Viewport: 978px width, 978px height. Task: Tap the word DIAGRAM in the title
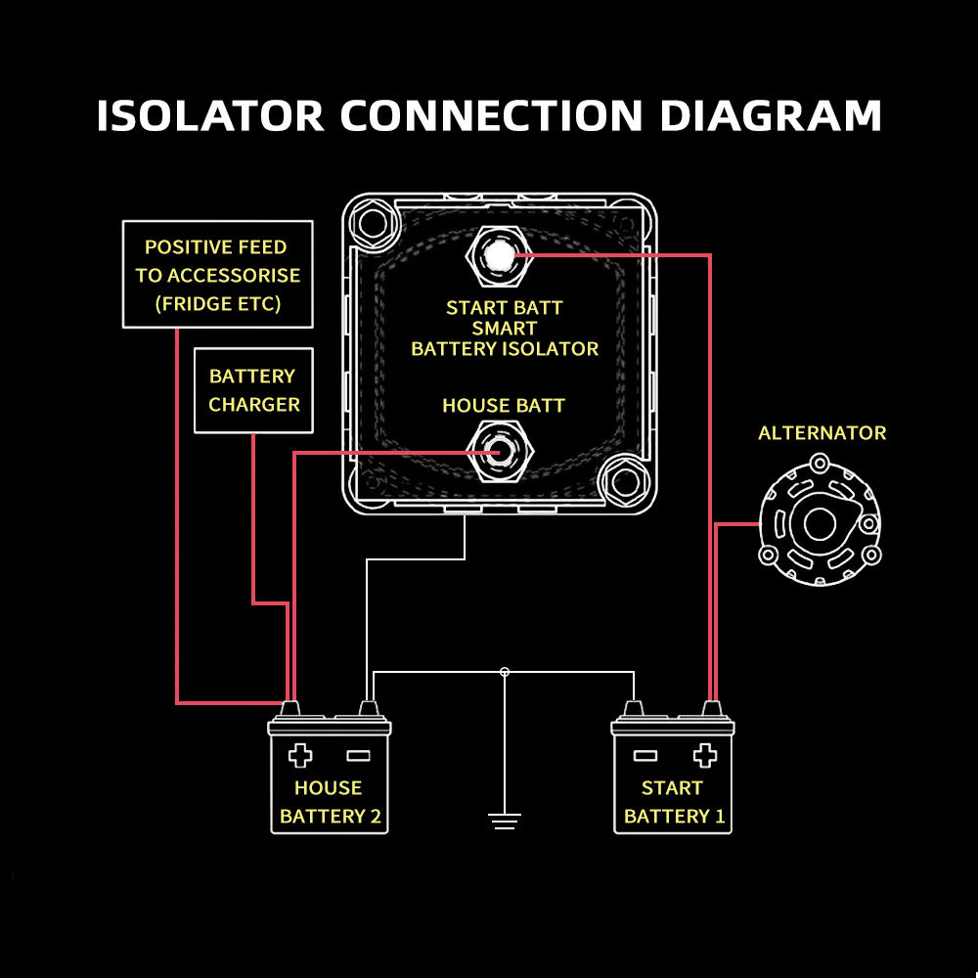pos(771,115)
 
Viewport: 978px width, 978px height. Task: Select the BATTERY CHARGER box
pos(254,390)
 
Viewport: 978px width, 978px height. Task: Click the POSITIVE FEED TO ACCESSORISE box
pos(217,275)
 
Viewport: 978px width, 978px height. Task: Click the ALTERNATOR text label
pos(822,432)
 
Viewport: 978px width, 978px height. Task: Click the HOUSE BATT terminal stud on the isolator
pos(499,453)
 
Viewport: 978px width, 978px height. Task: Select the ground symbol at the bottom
pos(504,820)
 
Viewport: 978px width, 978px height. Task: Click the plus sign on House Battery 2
pos(300,755)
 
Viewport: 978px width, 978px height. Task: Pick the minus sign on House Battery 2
pos(358,755)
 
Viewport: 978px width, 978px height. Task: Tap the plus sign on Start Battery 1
pos(704,755)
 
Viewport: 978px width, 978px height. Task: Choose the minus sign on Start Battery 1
pos(645,755)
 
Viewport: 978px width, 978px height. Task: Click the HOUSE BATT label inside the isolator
pos(504,405)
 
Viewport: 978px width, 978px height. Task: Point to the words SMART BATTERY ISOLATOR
pos(505,338)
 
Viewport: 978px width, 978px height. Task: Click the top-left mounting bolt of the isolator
pos(373,224)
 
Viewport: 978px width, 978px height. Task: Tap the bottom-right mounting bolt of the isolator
pos(622,481)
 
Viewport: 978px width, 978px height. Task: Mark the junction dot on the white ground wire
pos(505,672)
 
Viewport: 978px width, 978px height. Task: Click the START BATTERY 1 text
pos(674,802)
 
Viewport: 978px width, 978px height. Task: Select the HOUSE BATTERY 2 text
pos(330,802)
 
